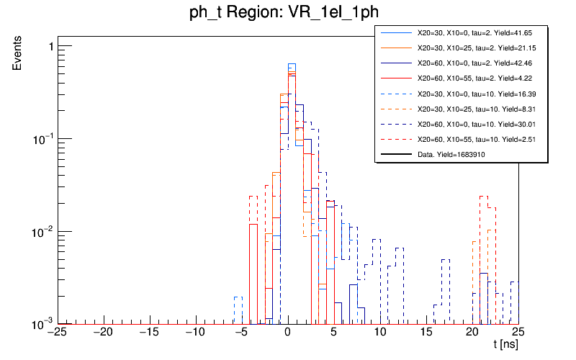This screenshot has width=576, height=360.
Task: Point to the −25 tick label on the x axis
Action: (58, 333)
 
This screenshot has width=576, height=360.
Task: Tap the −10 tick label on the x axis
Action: (195, 333)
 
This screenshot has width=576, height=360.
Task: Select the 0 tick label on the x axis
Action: (288, 333)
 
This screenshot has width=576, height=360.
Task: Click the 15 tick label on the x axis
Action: (426, 333)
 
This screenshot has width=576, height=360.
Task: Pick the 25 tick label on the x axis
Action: (518, 333)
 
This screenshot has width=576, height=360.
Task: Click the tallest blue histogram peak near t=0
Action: (292, 64)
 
